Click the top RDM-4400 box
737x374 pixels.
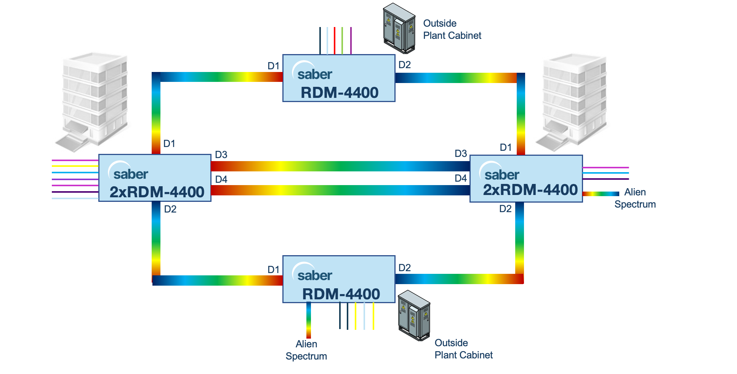tap(338, 78)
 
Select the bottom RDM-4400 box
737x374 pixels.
tap(338, 279)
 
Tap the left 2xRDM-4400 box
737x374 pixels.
tap(155, 178)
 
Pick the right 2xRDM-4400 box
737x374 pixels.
tap(526, 178)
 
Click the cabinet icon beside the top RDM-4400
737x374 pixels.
tap(399, 28)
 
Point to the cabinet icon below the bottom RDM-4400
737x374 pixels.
tap(414, 315)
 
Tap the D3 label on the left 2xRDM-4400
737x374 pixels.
tap(221, 155)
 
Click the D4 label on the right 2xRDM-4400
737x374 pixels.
tap(461, 178)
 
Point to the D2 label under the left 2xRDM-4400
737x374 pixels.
tap(170, 209)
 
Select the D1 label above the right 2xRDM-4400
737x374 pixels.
tap(506, 147)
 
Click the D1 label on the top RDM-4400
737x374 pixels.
tap(273, 66)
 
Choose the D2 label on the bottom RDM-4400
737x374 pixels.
tap(404, 268)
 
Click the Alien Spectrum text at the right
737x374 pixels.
tap(635, 198)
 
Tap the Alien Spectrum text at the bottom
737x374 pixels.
tap(306, 350)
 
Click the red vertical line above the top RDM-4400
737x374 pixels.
tap(335, 41)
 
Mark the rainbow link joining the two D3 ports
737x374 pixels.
tap(340, 166)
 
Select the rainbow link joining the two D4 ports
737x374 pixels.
tap(340, 190)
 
